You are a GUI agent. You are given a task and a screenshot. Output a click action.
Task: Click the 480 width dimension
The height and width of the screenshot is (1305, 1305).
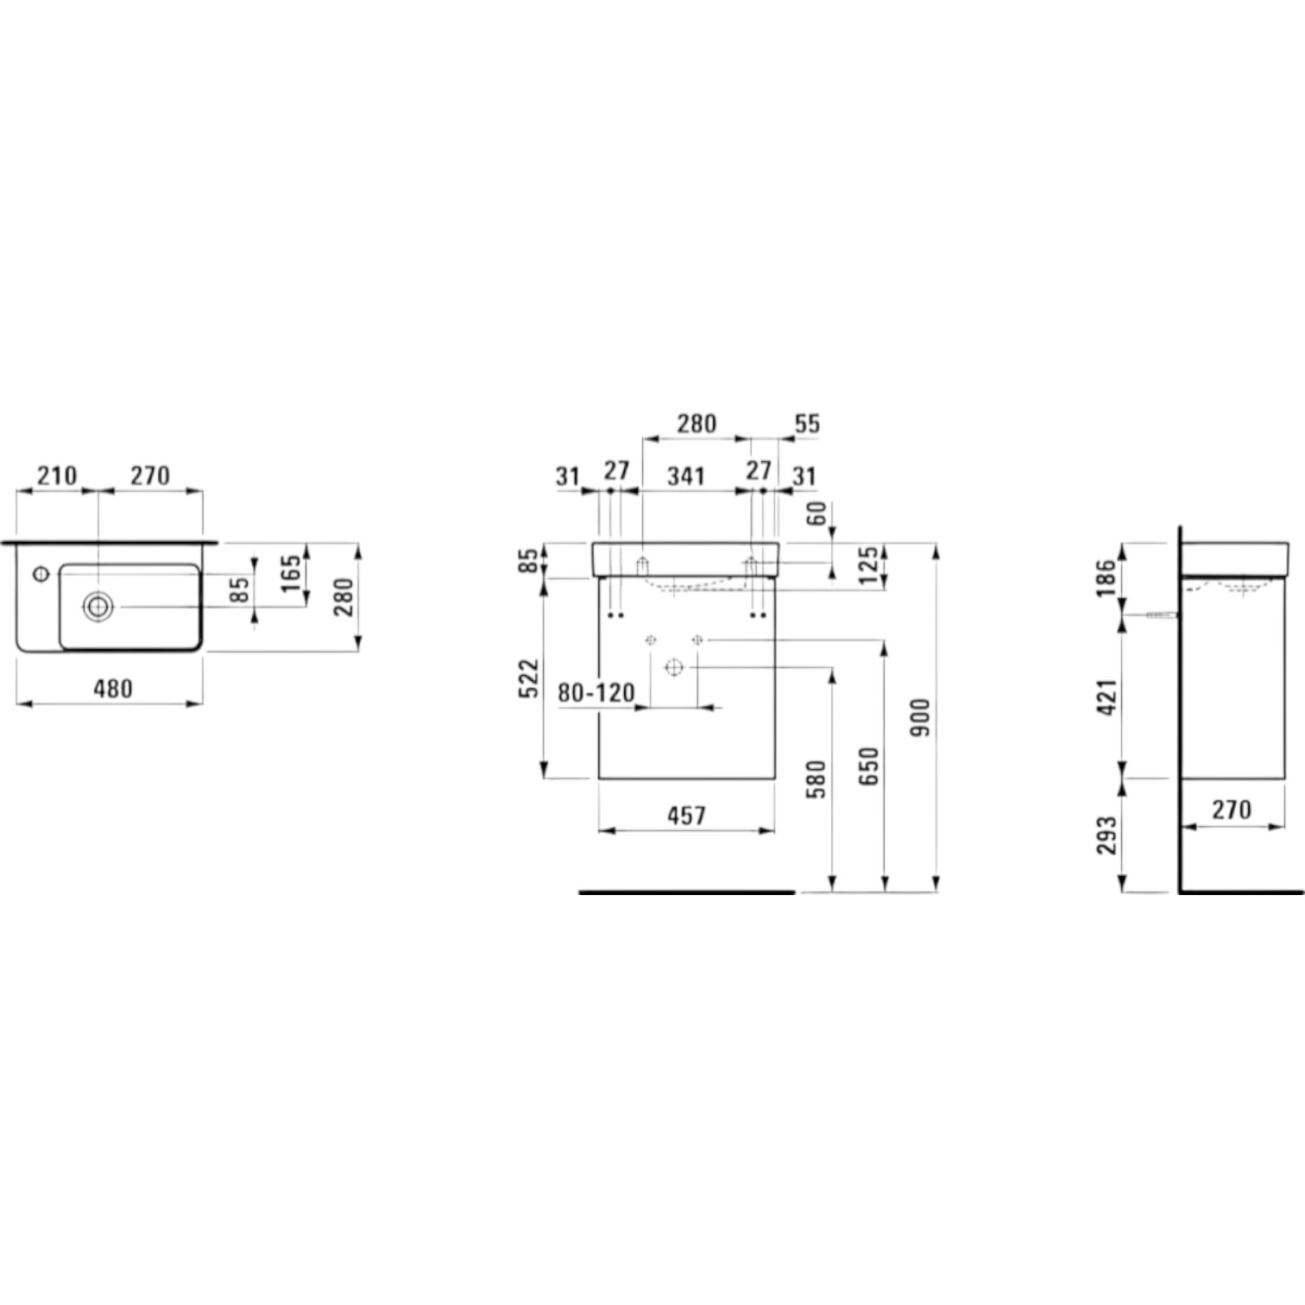[x=112, y=689]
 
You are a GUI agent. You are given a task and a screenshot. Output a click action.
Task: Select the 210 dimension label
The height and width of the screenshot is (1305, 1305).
[x=56, y=476]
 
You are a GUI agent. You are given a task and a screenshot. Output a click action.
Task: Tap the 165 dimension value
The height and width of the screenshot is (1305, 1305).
[x=291, y=573]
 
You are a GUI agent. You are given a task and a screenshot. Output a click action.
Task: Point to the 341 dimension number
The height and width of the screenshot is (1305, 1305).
[x=686, y=476]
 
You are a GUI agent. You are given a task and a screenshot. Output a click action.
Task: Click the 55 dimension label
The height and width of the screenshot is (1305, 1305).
[x=807, y=424]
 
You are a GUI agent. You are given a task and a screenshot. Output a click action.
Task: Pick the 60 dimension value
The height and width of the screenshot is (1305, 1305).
[x=816, y=514]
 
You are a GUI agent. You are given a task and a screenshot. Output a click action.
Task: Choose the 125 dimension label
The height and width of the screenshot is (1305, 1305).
[x=869, y=565]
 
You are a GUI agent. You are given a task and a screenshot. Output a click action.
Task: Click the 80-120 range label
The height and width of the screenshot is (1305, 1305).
[x=596, y=692]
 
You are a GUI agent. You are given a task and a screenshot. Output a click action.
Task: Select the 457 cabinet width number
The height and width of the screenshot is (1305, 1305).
[x=686, y=815]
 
